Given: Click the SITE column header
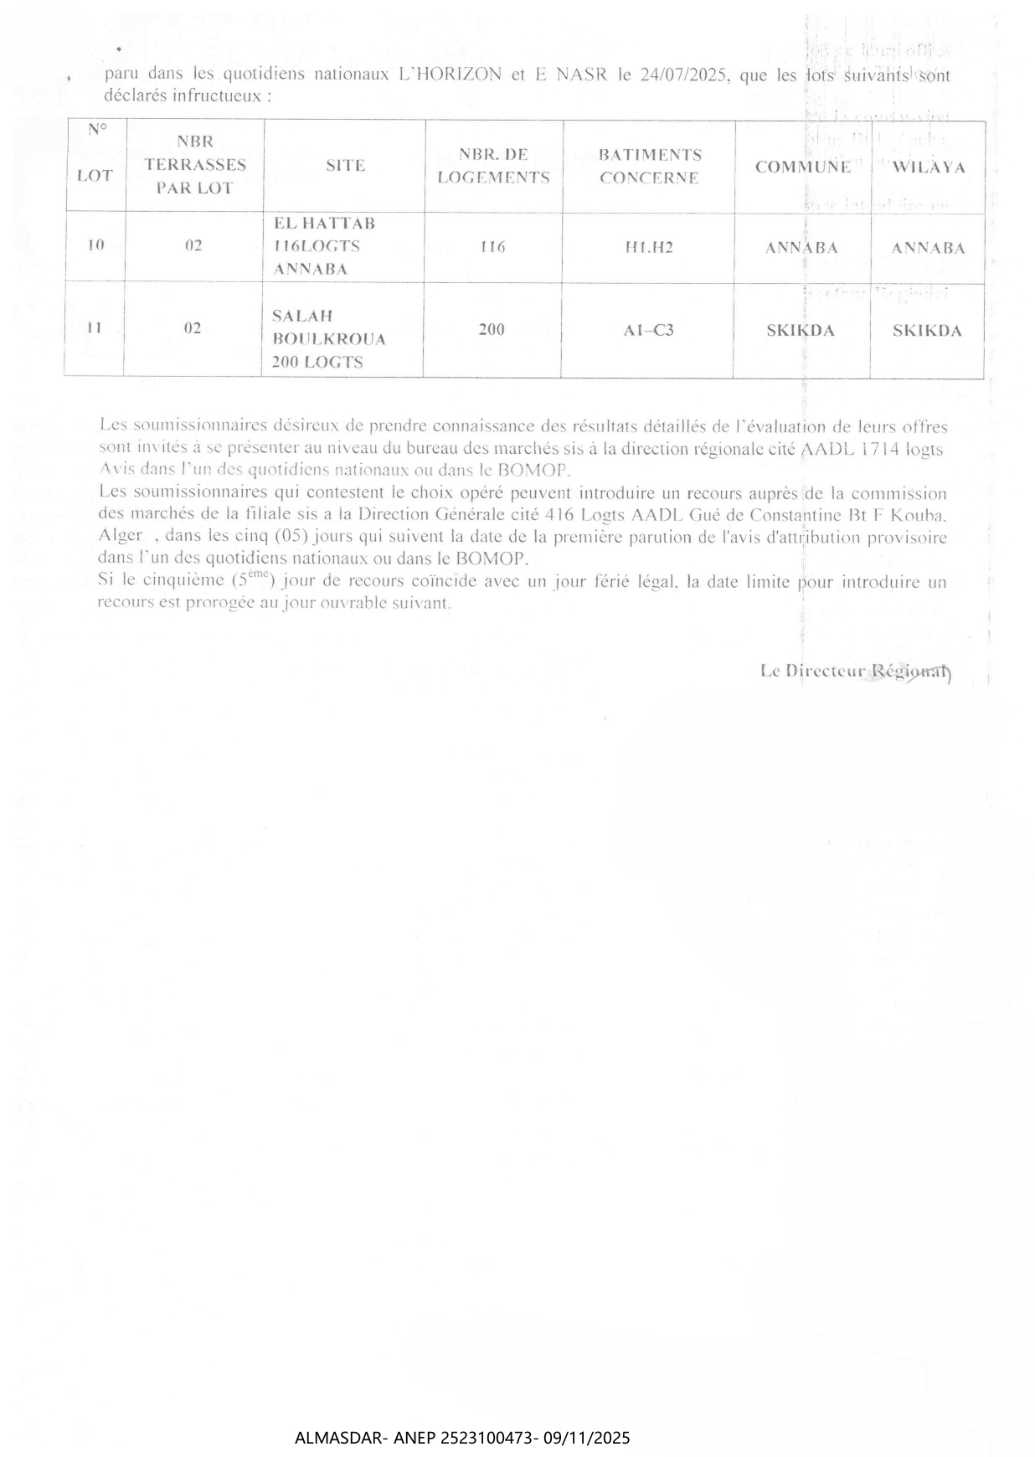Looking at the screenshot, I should [345, 166].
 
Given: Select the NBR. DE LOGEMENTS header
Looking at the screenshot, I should [493, 166].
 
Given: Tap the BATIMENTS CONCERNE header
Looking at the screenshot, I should [650, 166].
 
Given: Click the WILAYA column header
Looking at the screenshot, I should [928, 167].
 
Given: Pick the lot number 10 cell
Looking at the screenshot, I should [95, 246].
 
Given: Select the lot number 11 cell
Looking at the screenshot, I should [94, 328].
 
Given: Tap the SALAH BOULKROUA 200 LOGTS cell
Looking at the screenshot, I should [328, 339].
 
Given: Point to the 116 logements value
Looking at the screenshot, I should [492, 248].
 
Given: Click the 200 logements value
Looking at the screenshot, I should [492, 330].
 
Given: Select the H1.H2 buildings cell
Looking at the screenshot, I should [649, 248].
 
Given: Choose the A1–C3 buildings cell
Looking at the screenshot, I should [649, 330].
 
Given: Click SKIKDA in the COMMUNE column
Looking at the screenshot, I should [801, 330].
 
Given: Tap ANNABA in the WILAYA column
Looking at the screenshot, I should [928, 248].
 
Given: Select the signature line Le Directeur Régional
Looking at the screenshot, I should [854, 671].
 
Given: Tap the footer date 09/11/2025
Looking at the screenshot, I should [586, 1439].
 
